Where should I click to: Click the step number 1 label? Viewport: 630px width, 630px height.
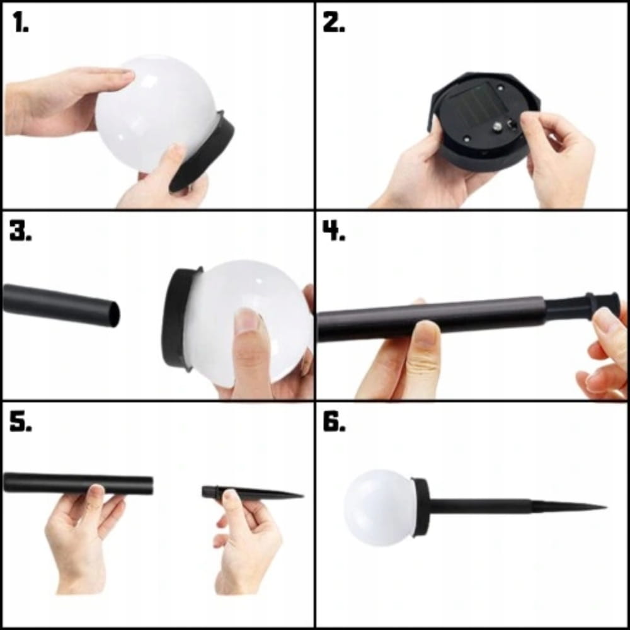point(20,21)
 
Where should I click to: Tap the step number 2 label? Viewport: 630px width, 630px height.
point(334,22)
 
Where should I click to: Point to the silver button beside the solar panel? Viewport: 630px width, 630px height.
point(498,127)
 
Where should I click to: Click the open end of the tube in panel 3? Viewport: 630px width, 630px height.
point(114,314)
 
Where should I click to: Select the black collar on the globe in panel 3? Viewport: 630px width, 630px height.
point(179,318)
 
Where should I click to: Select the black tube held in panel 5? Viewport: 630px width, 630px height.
point(78,483)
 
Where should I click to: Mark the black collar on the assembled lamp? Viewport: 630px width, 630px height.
point(421,507)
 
